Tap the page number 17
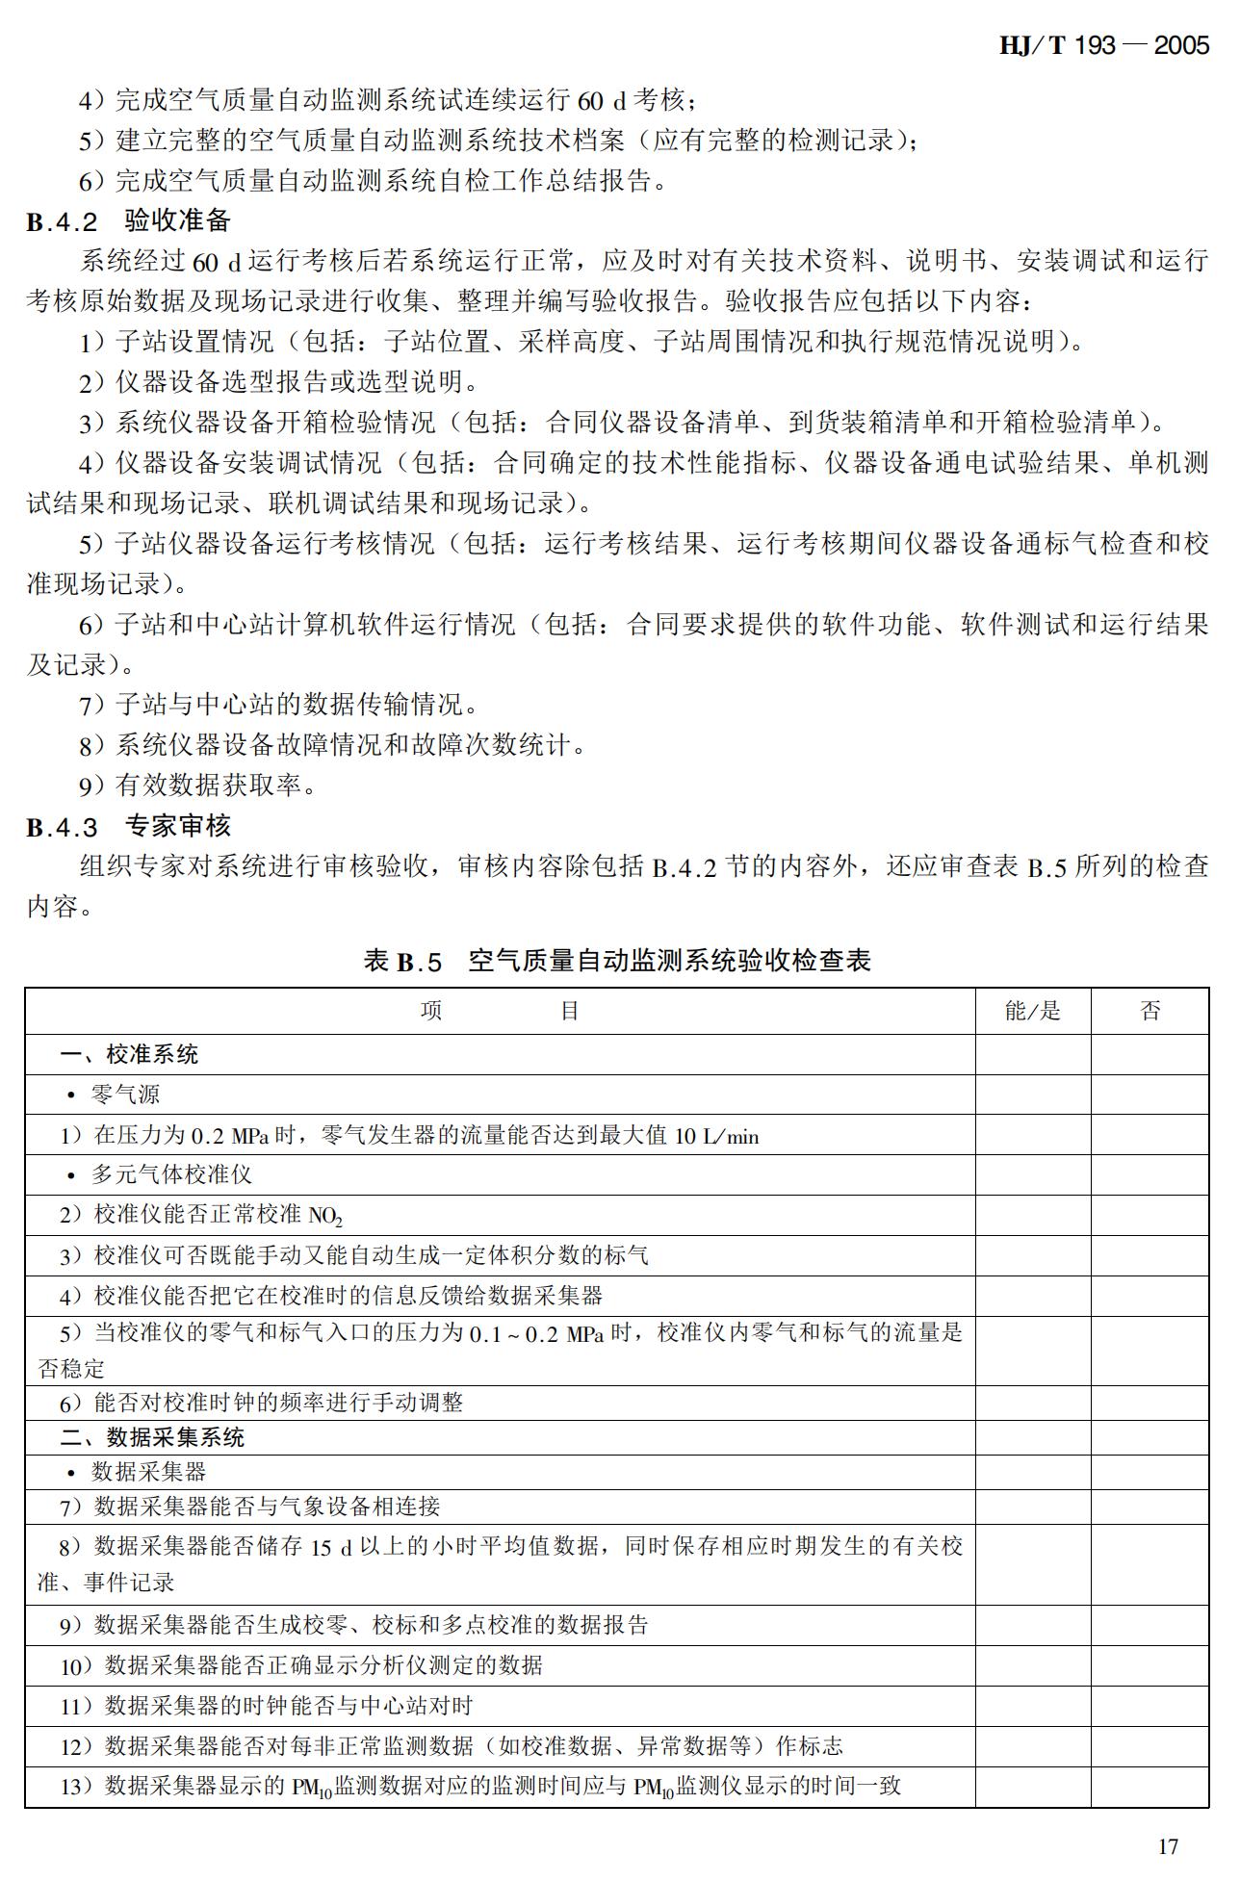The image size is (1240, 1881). tap(1167, 1845)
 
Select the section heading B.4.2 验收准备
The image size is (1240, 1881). tap(128, 221)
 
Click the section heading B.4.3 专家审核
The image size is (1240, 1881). tap(128, 827)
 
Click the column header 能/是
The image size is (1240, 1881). tap(1032, 1011)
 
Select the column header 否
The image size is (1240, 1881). tap(1150, 1011)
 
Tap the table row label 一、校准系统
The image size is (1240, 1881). tap(129, 1055)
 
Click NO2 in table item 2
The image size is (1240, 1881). tap(325, 1217)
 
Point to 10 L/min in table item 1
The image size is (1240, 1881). tap(716, 1137)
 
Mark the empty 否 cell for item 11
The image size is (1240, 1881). tap(1150, 1706)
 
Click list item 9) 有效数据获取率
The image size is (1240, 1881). tap(197, 786)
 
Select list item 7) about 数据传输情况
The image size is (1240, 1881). tap(278, 705)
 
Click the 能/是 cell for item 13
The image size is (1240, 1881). tap(1032, 1787)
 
